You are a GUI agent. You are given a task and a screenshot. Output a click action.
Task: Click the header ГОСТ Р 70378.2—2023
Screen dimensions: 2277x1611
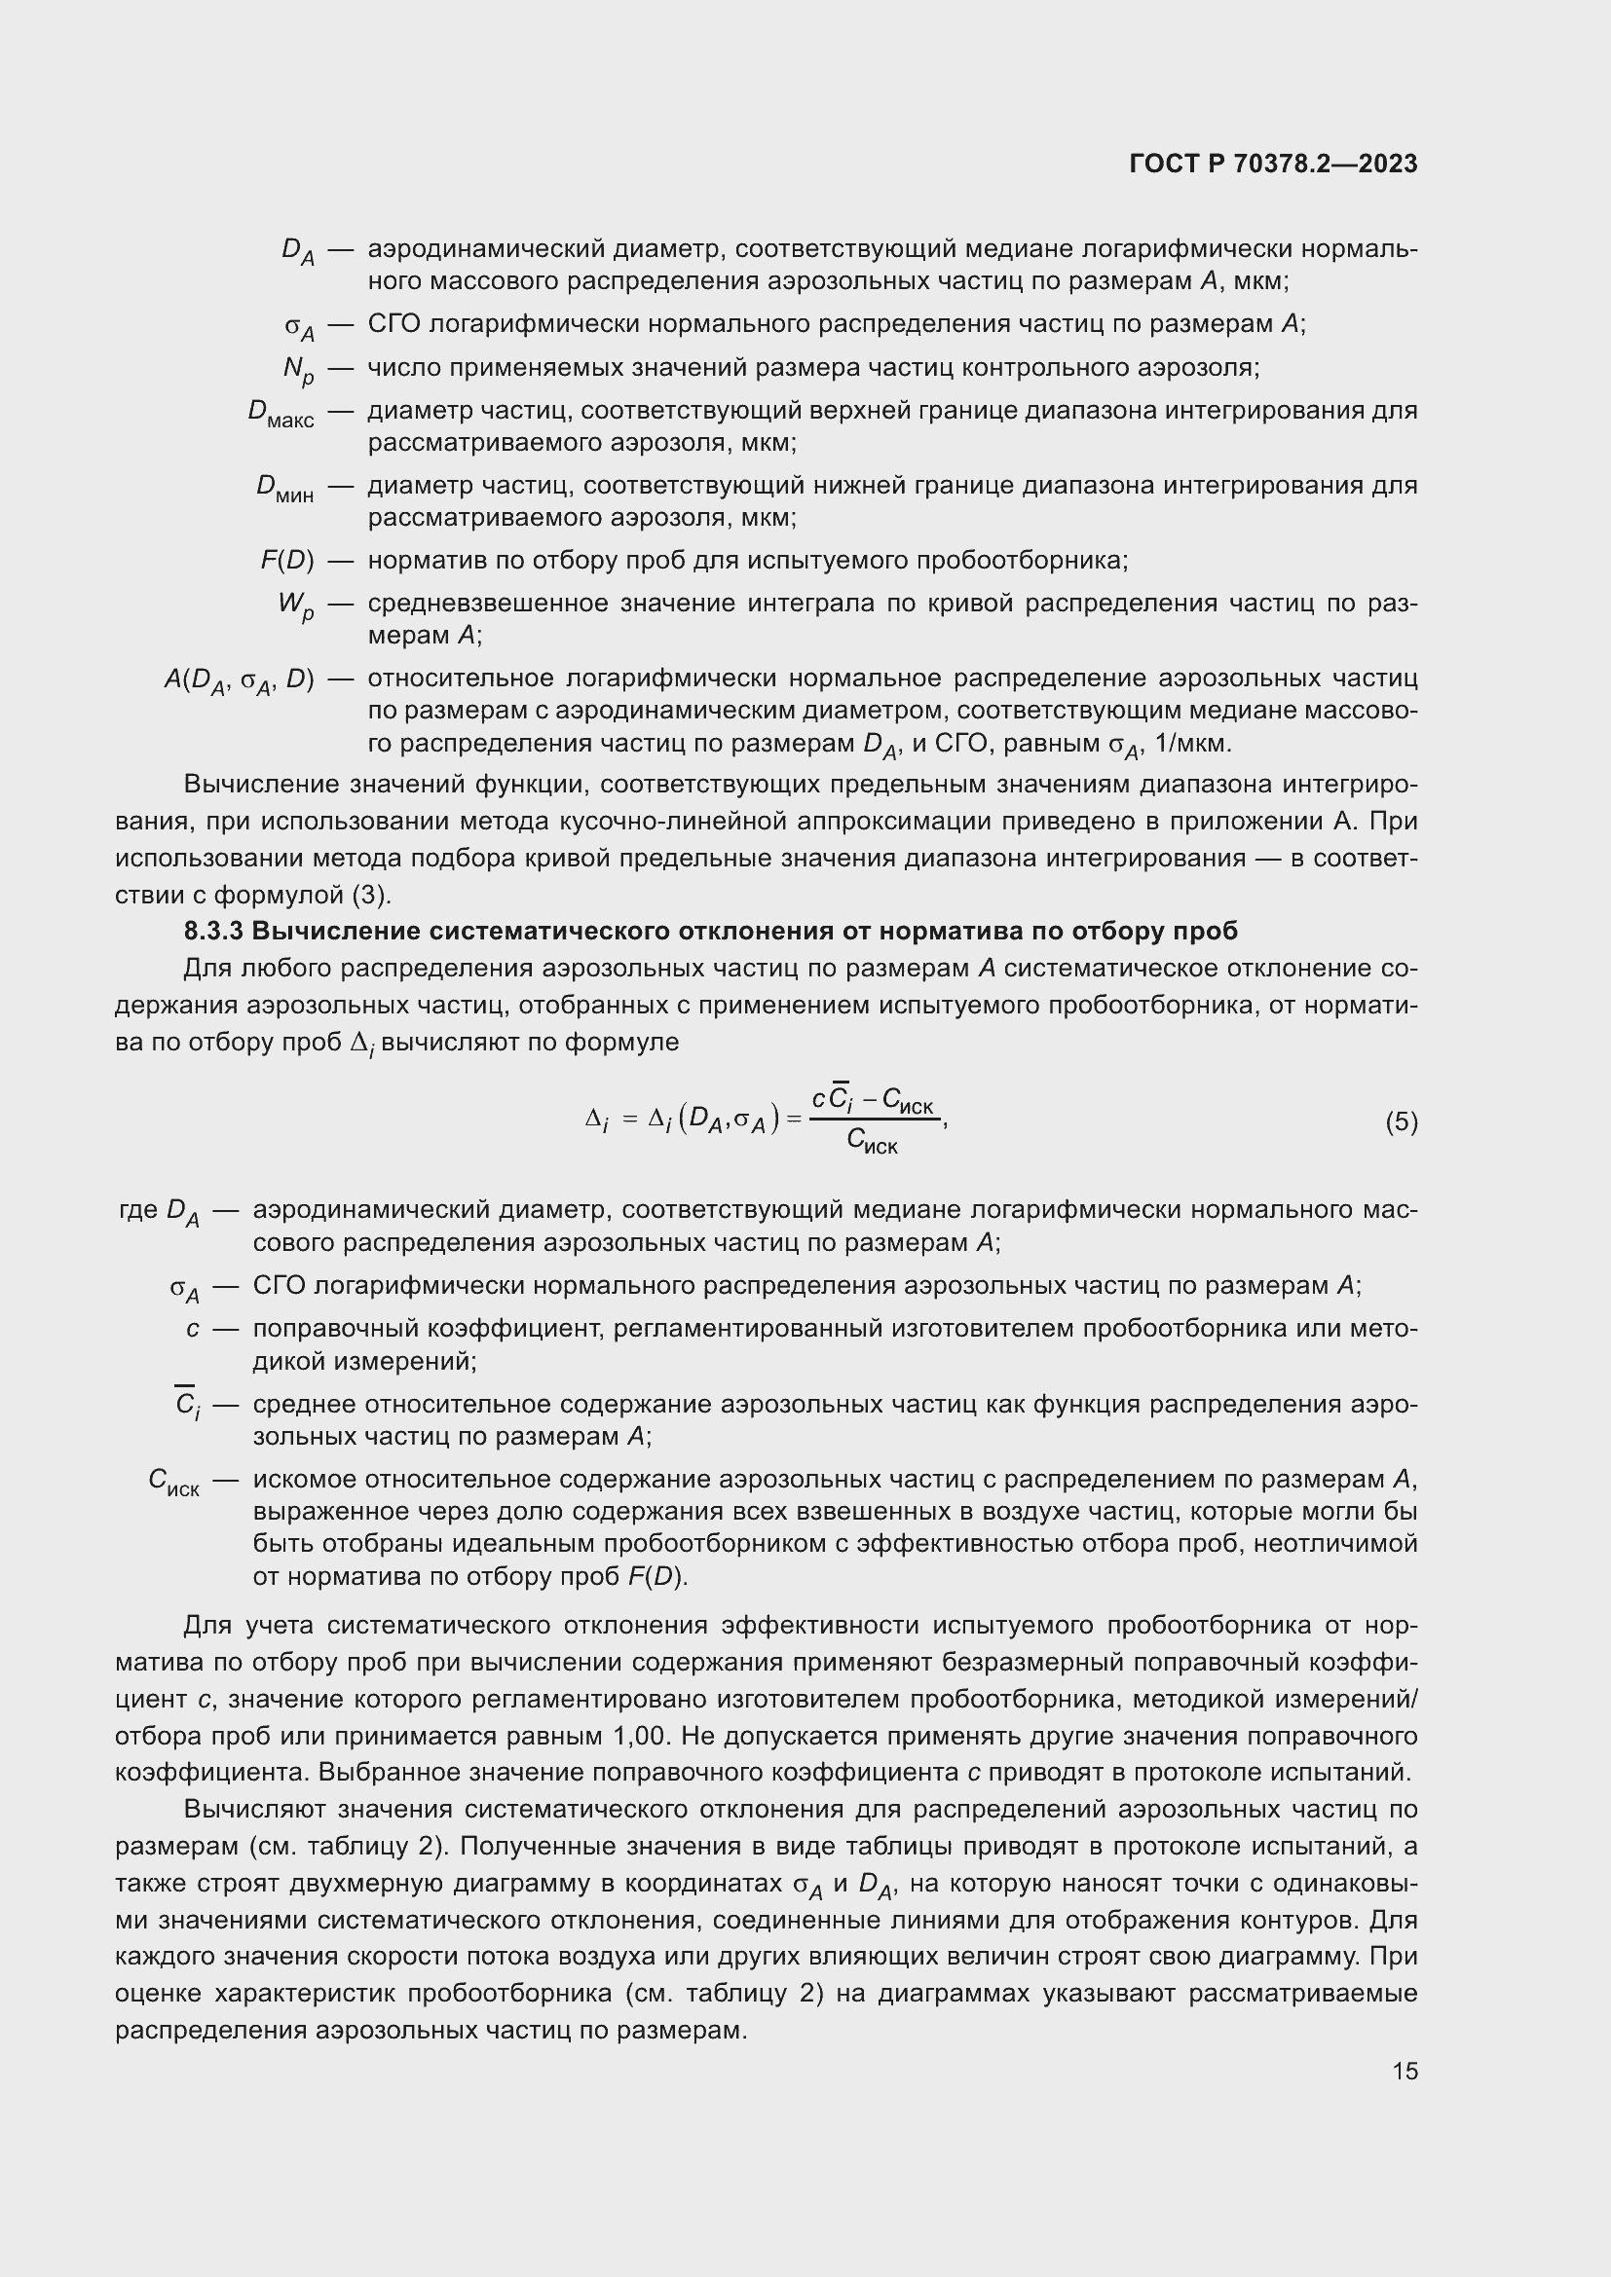coord(1273,165)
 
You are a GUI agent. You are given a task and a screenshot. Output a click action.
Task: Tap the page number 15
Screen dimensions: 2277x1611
coord(1405,2071)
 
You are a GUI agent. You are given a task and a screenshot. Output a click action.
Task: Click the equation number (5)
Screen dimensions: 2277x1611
coord(1401,1121)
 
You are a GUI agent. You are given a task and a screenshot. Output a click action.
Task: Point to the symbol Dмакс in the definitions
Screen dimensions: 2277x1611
coord(281,413)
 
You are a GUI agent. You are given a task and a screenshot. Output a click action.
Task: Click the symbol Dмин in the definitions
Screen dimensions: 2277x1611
coord(284,488)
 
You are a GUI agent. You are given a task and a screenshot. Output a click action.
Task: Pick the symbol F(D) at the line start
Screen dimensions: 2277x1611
coord(286,561)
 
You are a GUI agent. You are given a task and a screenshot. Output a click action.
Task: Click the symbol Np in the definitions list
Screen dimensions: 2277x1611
coord(298,370)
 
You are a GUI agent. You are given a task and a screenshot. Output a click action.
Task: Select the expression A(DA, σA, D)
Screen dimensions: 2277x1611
coord(239,680)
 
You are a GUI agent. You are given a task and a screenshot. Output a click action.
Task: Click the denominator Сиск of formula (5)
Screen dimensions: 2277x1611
coord(872,1143)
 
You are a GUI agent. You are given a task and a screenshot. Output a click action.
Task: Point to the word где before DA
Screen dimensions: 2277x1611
coord(138,1209)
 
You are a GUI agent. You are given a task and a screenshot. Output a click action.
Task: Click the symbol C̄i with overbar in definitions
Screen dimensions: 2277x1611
coord(185,1405)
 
